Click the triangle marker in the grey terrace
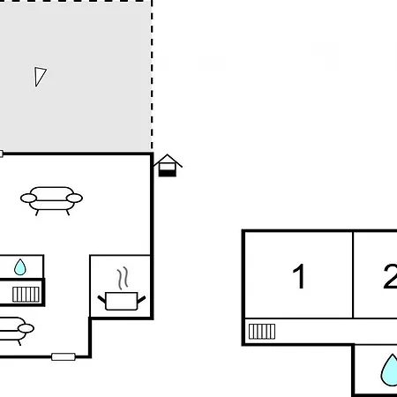[40, 77]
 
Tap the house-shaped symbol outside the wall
[168, 165]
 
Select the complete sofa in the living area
[51, 200]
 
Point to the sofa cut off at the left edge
[16, 329]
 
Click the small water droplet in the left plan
[20, 267]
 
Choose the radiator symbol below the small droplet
[26, 295]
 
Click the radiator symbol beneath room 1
[262, 332]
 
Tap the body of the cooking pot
[122, 301]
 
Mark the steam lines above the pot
[124, 278]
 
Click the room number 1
[299, 276]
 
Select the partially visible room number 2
[391, 276]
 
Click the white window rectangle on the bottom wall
[64, 357]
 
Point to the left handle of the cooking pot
[101, 300]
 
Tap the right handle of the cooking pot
[141, 300]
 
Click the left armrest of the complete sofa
[28, 198]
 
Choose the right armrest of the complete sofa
[74, 198]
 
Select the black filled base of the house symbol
[168, 173]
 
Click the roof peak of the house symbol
[168, 154]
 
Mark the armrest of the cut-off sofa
[26, 328]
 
